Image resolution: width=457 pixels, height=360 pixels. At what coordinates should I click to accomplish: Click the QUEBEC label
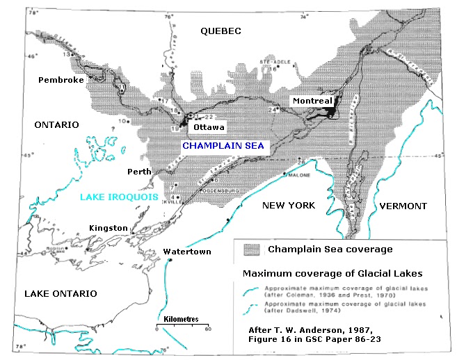click(x=220, y=31)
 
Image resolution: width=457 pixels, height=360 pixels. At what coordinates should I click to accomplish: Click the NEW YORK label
click(x=288, y=206)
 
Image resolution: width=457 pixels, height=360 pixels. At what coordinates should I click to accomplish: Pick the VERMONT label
click(x=403, y=206)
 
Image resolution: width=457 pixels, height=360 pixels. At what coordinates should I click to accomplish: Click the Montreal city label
click(x=312, y=101)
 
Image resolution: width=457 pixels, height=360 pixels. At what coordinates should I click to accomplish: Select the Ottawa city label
click(x=209, y=128)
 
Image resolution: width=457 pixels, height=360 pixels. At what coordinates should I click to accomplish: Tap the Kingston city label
click(x=109, y=228)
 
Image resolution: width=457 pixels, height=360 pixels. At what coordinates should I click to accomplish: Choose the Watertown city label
click(x=186, y=251)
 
